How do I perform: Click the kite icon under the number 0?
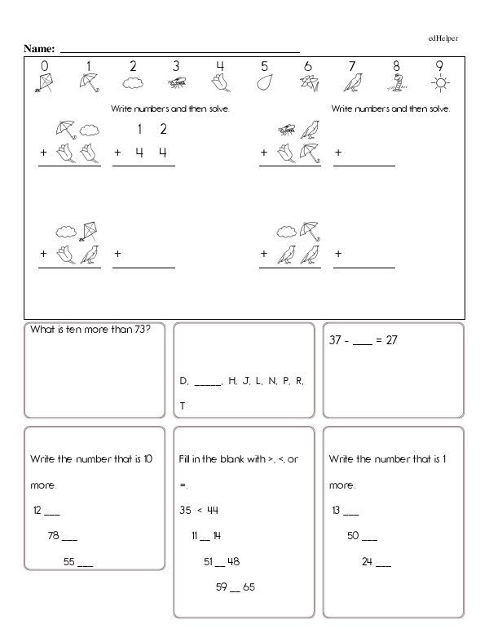point(44,82)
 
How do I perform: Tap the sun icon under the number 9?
point(441,82)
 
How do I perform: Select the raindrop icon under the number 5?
point(265,82)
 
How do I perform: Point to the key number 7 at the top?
point(352,66)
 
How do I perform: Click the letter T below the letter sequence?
point(183,405)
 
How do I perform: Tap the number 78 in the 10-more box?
point(54,536)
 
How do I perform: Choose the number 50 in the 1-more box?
point(354,536)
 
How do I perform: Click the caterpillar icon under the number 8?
point(397,82)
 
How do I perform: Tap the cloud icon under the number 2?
point(132,82)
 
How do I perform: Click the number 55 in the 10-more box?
point(69,561)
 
